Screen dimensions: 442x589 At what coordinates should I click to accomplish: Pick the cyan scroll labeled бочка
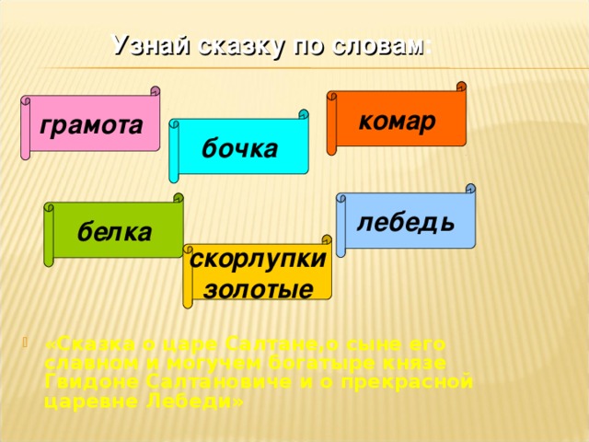click(239, 148)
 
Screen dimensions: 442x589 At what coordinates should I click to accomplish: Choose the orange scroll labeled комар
click(397, 121)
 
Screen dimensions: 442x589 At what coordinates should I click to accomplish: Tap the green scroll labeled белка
click(115, 232)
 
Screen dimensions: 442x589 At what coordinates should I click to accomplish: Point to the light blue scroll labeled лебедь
click(406, 222)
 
